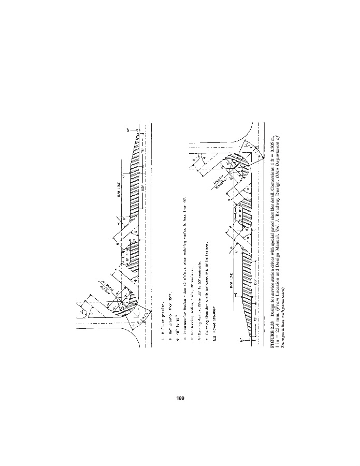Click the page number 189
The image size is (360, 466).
tap(180, 398)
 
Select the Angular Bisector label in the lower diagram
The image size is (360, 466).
tap(203, 187)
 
